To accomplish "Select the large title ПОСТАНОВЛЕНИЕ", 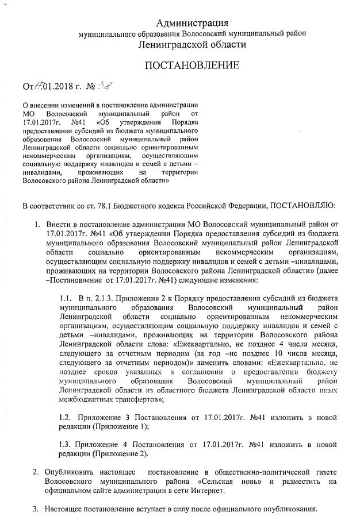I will coord(192,65).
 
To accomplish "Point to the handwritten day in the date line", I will coord(36,87).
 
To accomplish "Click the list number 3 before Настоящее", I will coord(35,509).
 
